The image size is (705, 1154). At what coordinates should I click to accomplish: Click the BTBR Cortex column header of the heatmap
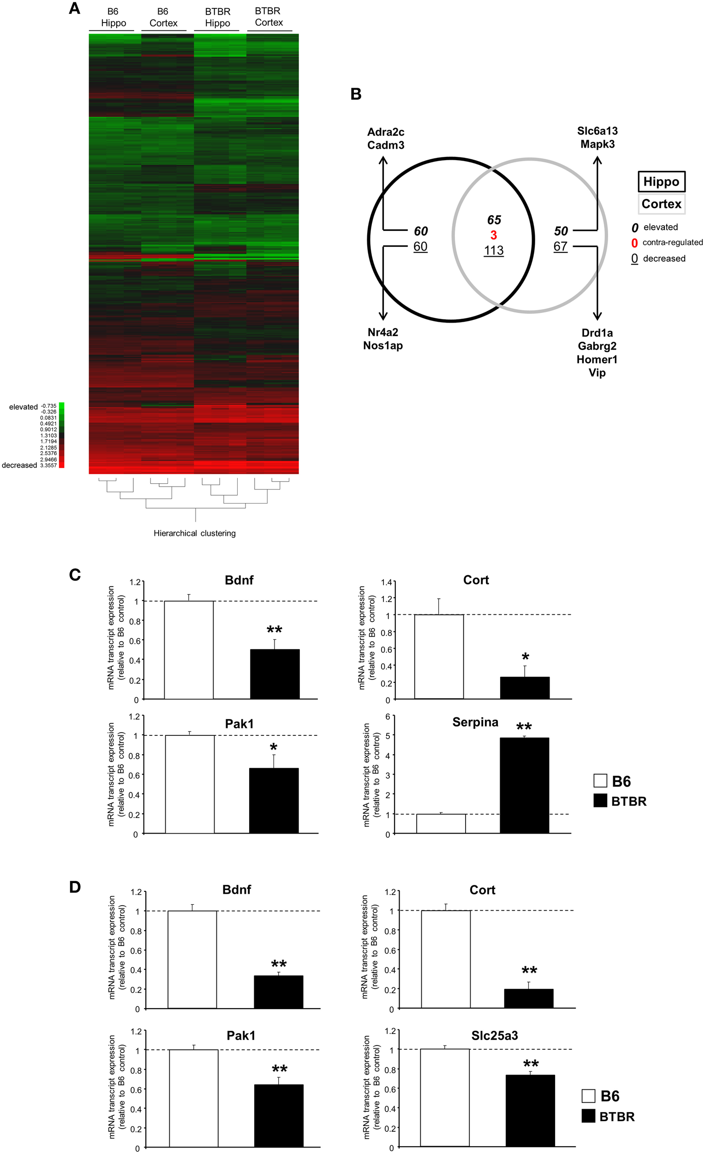(269, 17)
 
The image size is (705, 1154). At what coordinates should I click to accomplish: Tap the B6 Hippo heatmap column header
(113, 18)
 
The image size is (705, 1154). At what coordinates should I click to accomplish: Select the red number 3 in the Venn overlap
(493, 235)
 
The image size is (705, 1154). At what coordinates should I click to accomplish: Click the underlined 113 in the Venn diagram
(493, 251)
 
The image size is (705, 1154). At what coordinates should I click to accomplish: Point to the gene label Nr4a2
(382, 332)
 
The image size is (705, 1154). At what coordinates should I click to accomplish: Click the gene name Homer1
(597, 359)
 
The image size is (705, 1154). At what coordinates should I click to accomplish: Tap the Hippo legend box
(661, 182)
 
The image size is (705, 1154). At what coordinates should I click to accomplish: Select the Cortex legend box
(661, 204)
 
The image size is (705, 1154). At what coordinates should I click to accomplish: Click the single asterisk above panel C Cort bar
(525, 656)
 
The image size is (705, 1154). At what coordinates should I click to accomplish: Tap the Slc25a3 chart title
(494, 1035)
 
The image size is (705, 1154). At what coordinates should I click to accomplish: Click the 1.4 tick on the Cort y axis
(386, 583)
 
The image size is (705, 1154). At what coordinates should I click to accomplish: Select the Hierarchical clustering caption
(195, 533)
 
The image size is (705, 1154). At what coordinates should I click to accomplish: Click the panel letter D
(75, 887)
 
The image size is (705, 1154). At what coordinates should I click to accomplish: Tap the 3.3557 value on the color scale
(48, 465)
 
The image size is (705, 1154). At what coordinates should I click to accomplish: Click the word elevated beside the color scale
(24, 407)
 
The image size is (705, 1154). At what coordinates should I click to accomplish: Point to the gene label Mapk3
(597, 144)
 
